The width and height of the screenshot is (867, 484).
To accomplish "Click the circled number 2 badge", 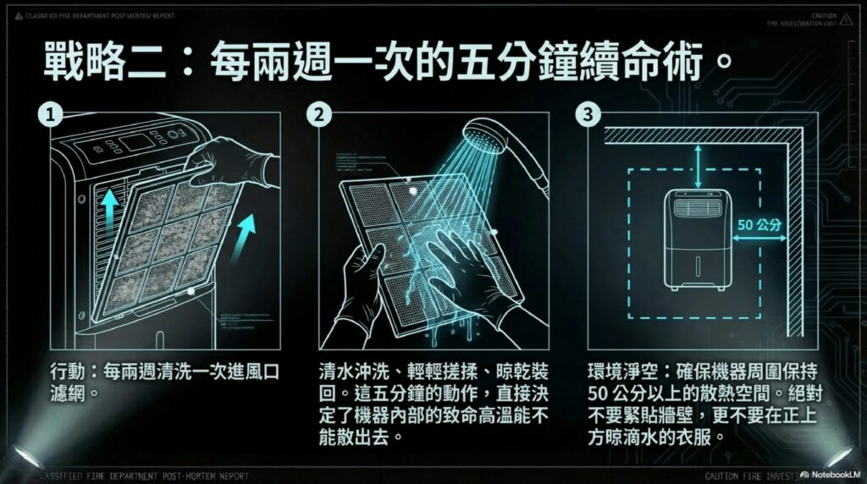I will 319,113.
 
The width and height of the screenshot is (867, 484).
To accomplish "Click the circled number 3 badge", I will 587,113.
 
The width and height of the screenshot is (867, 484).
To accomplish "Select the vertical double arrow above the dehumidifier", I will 697,160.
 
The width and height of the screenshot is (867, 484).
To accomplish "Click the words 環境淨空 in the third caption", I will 621,372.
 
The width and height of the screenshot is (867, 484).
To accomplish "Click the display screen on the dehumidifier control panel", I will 136,141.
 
